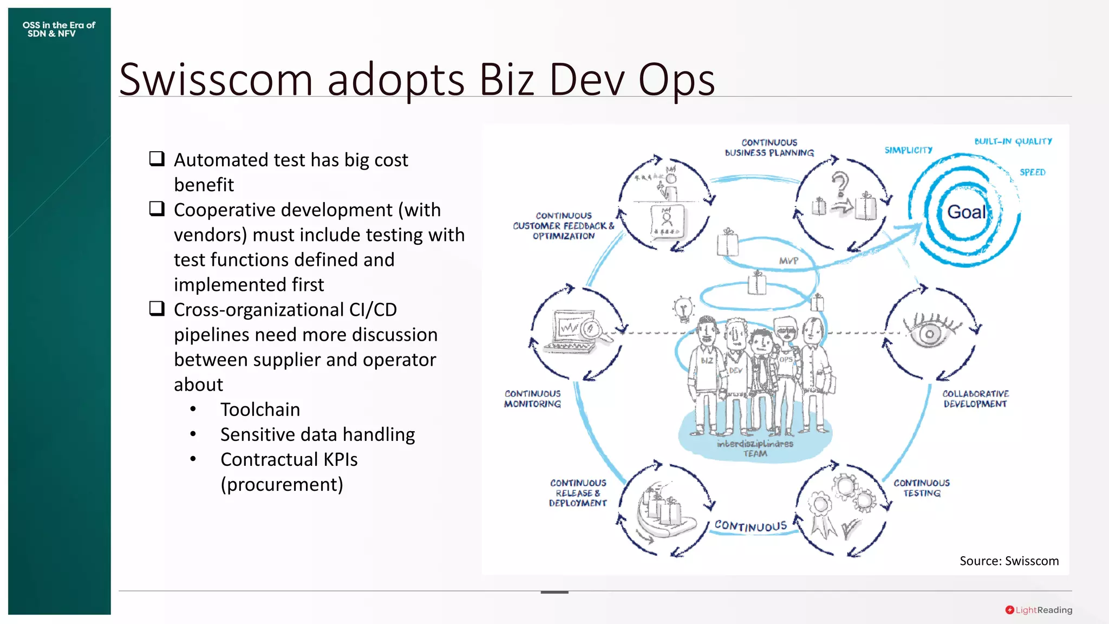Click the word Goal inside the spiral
pyautogui.click(x=967, y=212)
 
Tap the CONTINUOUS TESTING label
pyautogui.click(x=921, y=487)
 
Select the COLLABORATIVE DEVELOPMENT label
pyautogui.click(x=975, y=399)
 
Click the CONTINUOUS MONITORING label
pyautogui.click(x=532, y=399)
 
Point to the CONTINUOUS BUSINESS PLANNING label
pyautogui.click(x=769, y=147)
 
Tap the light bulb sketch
pyautogui.click(x=683, y=309)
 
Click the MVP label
pyautogui.click(x=788, y=261)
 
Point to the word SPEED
pyautogui.click(x=1032, y=172)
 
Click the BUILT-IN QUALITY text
pyautogui.click(x=1013, y=141)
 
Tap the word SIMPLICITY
pyautogui.click(x=908, y=150)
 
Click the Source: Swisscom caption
pyautogui.click(x=1009, y=561)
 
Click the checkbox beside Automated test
pyautogui.click(x=157, y=159)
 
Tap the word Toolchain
pyautogui.click(x=260, y=409)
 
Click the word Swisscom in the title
pyautogui.click(x=216, y=80)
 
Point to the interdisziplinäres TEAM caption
pyautogui.click(x=755, y=448)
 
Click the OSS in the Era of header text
pyautogui.click(x=58, y=25)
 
